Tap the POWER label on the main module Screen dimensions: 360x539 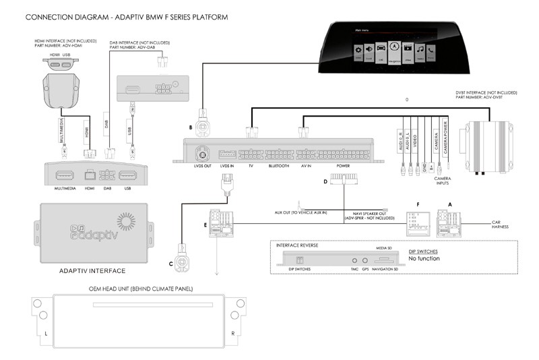pyautogui.click(x=344, y=166)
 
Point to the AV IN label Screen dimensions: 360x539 pyautogui.click(x=306, y=166)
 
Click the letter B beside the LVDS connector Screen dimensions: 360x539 pyautogui.click(x=191, y=127)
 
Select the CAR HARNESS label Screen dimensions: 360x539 pyautogui.click(x=500, y=224)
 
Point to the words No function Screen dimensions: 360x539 pyautogui.click(x=424, y=259)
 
